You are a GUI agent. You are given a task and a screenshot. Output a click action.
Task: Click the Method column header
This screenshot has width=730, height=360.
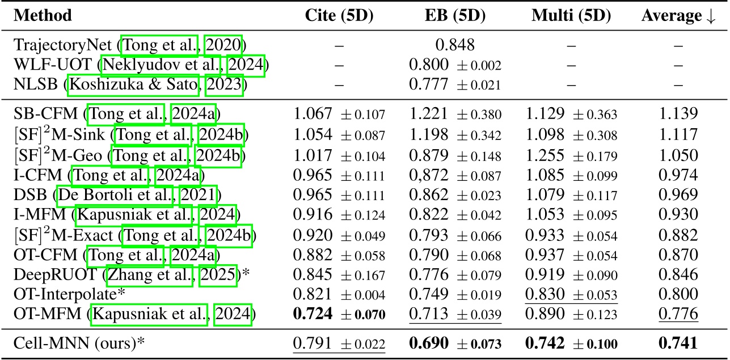tap(43, 15)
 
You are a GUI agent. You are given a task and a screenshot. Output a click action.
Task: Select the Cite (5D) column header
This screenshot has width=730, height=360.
tap(339, 15)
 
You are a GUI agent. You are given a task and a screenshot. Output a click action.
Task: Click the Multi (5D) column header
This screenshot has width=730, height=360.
tap(571, 15)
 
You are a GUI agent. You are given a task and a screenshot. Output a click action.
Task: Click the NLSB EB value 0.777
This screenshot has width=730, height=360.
tap(425, 86)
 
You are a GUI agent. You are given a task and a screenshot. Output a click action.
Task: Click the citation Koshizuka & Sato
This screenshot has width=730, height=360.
tap(134, 86)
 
